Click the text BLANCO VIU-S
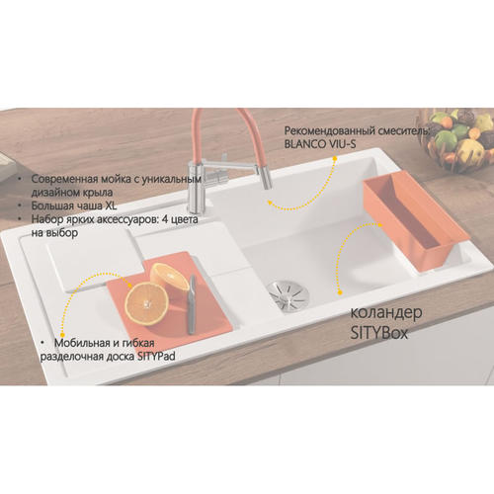pos(320,144)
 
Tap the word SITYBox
pos(379,333)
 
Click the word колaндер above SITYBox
pos(386,313)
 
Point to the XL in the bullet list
pos(111,206)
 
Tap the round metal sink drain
pos(288,294)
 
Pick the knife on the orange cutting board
pos(192,304)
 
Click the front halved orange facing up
pos(146,303)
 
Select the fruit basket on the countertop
pos(457,140)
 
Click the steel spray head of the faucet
pos(265,177)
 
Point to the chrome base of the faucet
pos(197,190)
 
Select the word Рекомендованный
pos(330,131)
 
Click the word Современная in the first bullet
pos(64,179)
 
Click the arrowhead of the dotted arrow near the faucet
pos(270,203)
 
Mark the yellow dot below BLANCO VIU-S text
pos(335,158)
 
